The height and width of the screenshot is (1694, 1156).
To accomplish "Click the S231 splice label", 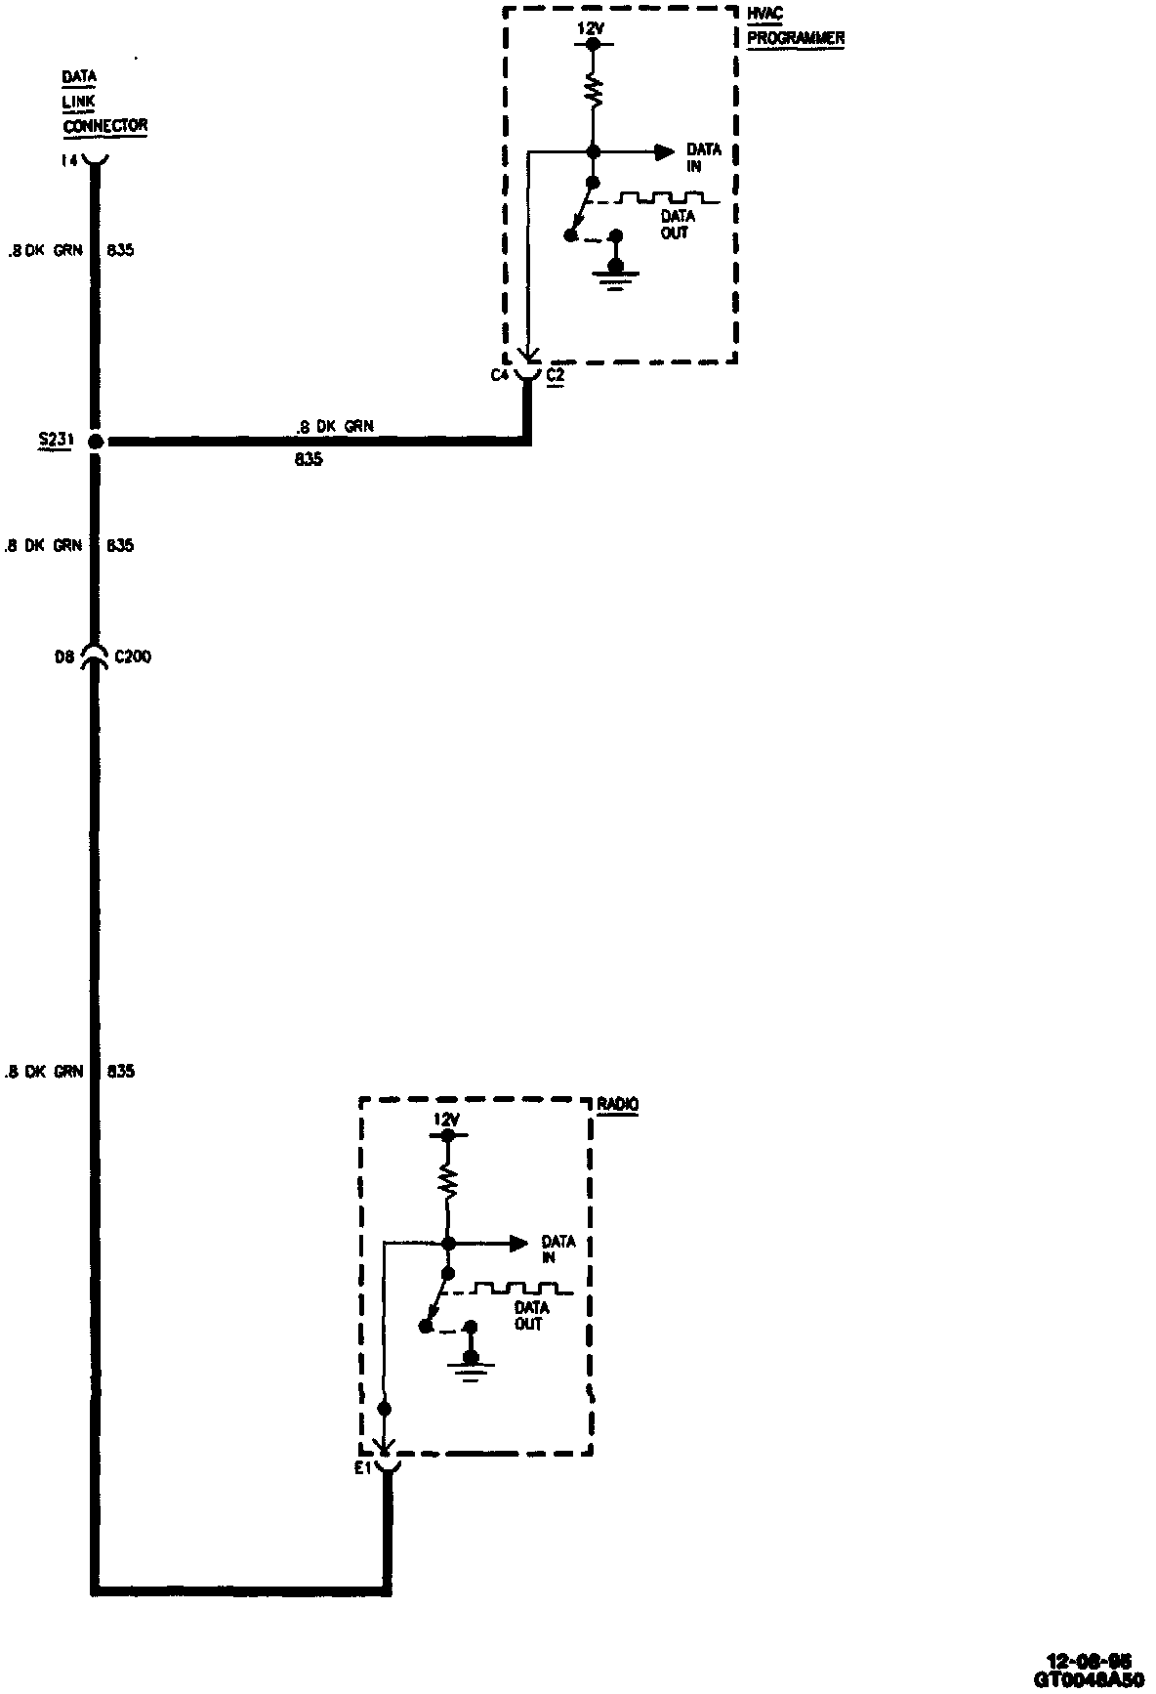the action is click(50, 442).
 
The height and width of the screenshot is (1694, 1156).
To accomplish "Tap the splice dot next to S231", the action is click(95, 442).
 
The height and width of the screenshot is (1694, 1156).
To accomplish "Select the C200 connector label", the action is click(132, 657).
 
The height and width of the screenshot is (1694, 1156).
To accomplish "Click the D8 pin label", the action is click(64, 657).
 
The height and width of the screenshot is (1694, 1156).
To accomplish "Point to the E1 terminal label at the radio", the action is click(363, 1468).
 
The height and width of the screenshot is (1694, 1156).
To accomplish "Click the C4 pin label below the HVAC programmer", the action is click(499, 374).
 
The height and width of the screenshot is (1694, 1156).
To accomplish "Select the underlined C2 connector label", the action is click(555, 374).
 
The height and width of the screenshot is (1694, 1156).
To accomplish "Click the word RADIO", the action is click(618, 1104).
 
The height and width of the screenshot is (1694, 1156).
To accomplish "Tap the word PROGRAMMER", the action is click(795, 38).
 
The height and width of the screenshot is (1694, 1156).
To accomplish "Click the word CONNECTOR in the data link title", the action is click(104, 126).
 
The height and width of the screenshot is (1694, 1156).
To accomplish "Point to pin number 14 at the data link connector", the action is click(68, 160).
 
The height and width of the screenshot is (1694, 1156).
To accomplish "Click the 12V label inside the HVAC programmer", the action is click(591, 29).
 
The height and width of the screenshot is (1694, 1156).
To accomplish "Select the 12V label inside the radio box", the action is click(446, 1121).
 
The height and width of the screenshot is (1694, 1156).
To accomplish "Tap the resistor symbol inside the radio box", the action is click(447, 1183).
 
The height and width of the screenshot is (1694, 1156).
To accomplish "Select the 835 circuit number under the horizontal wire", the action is click(308, 458).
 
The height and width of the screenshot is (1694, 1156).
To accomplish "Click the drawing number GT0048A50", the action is click(1088, 1679).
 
